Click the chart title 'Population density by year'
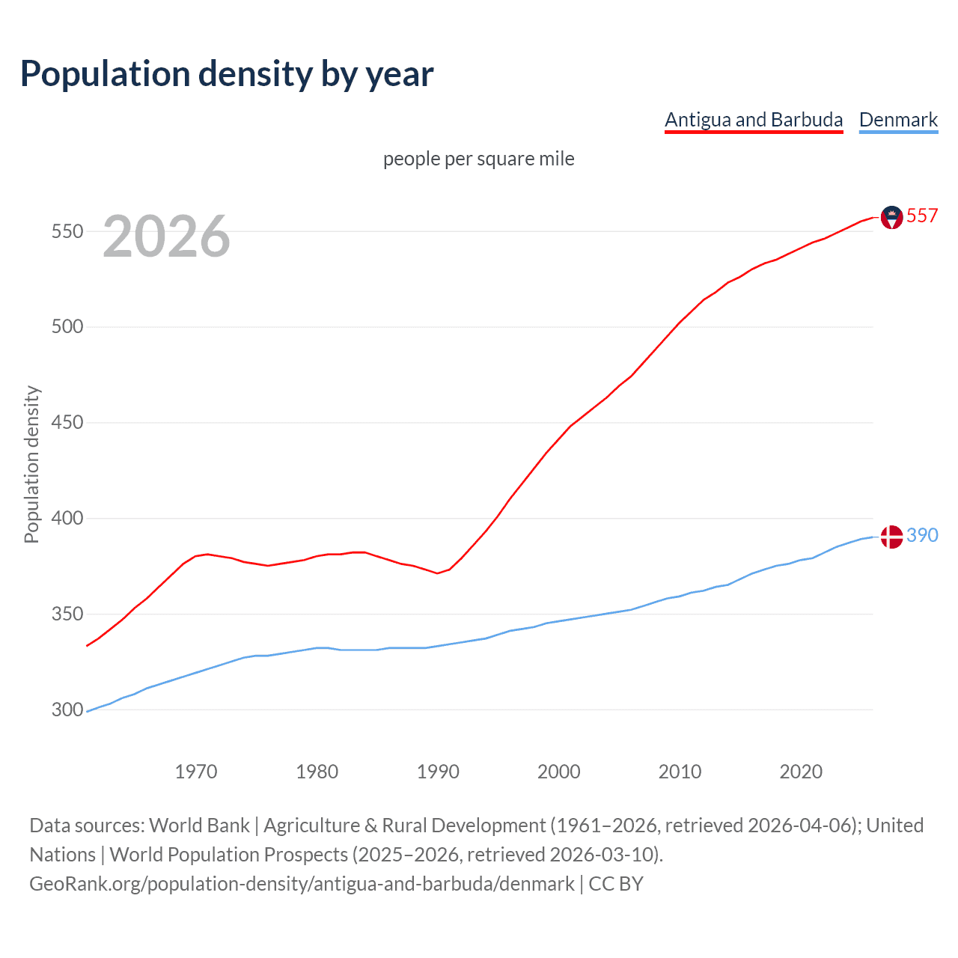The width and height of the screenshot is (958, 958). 227,74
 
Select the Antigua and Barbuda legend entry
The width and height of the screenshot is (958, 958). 754,120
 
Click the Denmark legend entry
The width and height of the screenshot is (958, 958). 898,120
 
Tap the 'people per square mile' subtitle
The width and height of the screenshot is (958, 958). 478,159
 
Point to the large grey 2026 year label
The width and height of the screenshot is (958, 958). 166,237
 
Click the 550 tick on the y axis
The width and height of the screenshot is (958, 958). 67,231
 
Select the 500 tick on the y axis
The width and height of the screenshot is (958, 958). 67,327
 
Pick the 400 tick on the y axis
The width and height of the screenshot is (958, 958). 67,518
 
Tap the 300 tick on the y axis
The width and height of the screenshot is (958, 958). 67,710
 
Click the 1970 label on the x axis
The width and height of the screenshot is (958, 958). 196,772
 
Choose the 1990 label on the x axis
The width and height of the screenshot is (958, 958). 438,772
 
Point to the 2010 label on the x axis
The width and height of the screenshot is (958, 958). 680,772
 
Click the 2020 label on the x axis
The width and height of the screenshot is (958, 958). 801,772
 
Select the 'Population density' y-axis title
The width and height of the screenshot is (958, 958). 31,464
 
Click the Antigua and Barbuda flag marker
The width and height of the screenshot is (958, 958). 891,217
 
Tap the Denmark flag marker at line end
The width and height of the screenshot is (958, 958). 891,537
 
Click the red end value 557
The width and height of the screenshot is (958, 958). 922,216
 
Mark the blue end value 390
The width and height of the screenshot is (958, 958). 922,535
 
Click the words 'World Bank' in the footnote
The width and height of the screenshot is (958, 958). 199,826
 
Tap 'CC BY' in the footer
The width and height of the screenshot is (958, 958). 616,884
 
